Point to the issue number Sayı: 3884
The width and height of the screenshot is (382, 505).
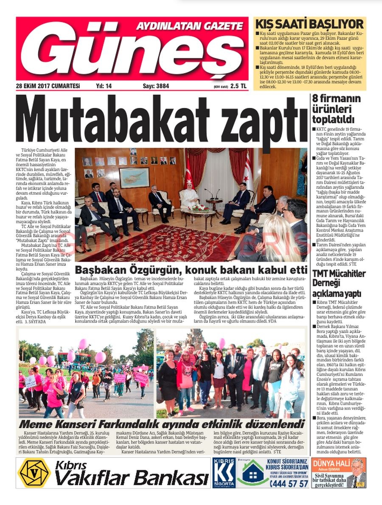coord(156,86)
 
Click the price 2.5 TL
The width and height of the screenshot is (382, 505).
coord(238,86)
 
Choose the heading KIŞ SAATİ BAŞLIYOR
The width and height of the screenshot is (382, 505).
coord(309,24)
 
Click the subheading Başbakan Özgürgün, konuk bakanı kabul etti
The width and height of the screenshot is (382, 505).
coord(191,270)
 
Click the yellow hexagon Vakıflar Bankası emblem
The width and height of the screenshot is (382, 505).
coord(34,472)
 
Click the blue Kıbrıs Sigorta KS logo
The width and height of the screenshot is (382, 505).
coord(224,472)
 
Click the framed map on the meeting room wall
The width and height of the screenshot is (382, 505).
coord(134,177)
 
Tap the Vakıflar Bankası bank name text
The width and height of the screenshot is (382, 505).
coord(132,478)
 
